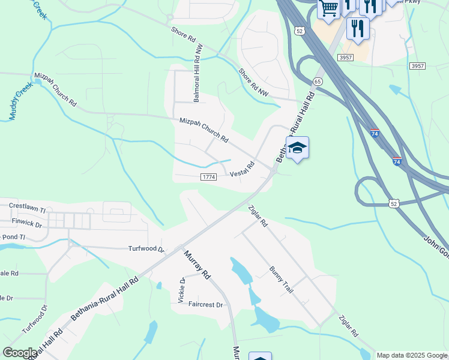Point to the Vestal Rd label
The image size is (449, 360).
pos(242,169)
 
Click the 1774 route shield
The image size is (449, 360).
pos(208,177)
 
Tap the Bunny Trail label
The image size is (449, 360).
pos(281,280)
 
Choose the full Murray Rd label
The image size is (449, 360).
pos(197,265)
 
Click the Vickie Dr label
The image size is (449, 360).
pos(181,290)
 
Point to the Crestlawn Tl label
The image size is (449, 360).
pos(27,208)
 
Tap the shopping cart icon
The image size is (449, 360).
pos(328,8)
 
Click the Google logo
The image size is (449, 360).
pos(20,352)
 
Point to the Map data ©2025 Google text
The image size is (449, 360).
pos(411,355)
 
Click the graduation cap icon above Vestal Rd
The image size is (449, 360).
pos(297,148)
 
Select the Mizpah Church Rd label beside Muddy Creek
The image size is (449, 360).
pos(56,89)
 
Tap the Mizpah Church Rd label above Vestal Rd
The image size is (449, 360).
pos(203,130)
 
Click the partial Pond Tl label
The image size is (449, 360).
pos(13,238)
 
